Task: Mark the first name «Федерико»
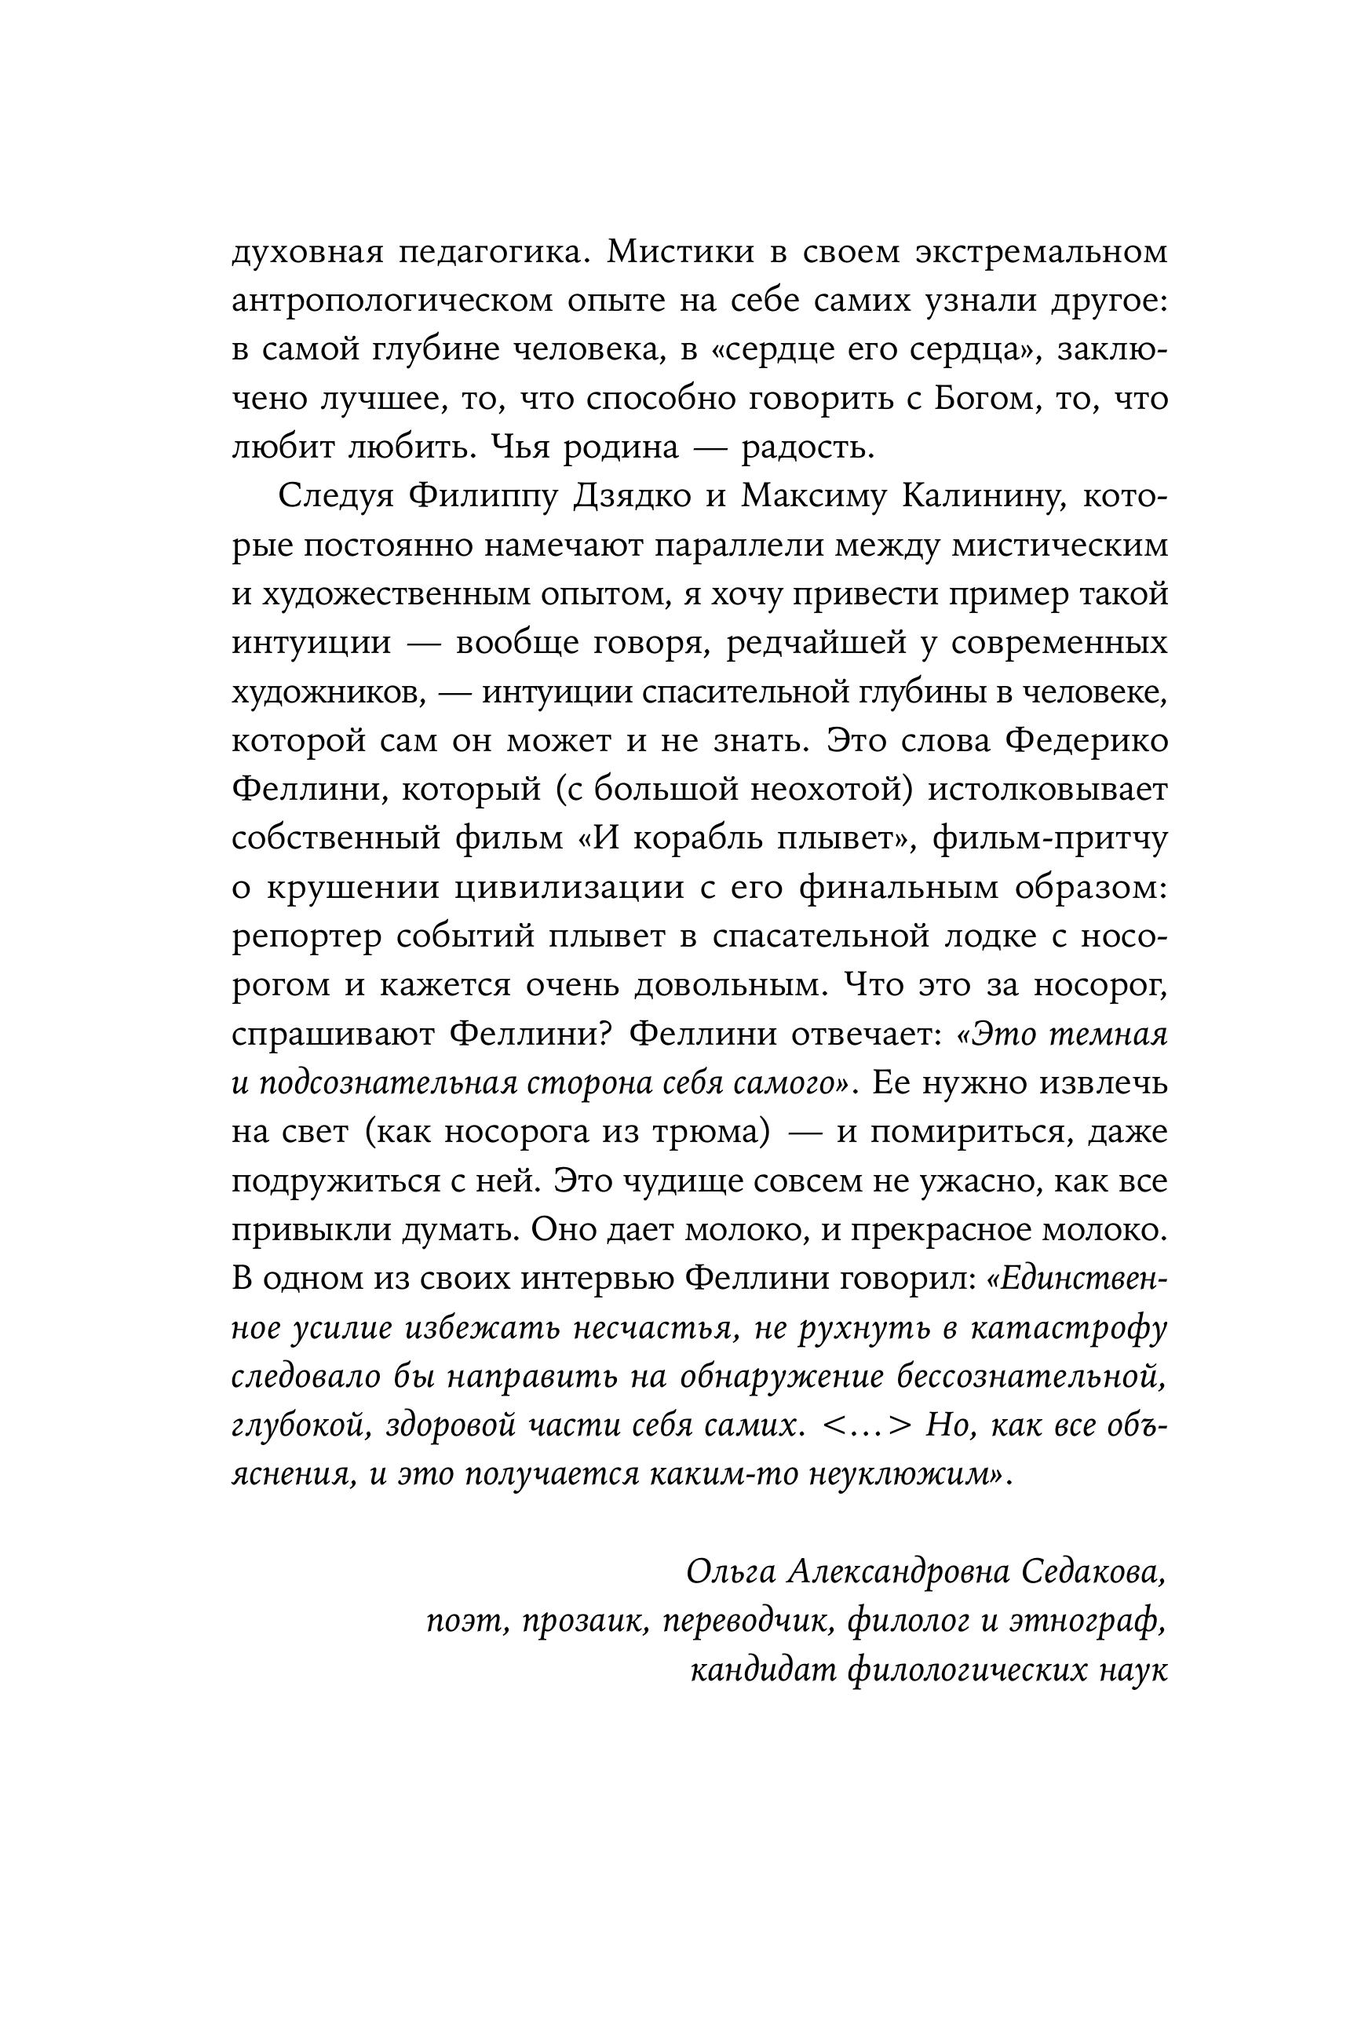1088,742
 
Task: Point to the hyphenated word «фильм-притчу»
1050,839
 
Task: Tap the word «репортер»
308,937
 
